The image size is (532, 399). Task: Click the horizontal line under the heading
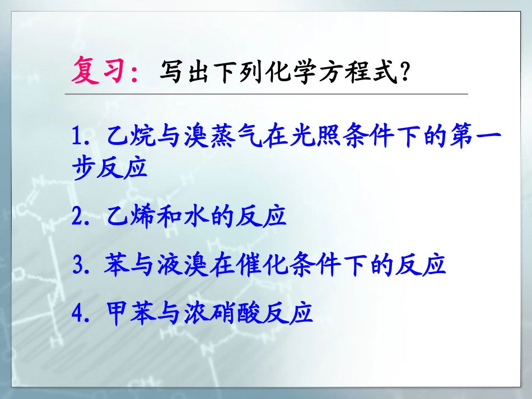click(266, 94)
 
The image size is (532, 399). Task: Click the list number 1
click(78, 137)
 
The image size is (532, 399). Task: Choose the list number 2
click(78, 216)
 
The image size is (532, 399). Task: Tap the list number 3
click(78, 265)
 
